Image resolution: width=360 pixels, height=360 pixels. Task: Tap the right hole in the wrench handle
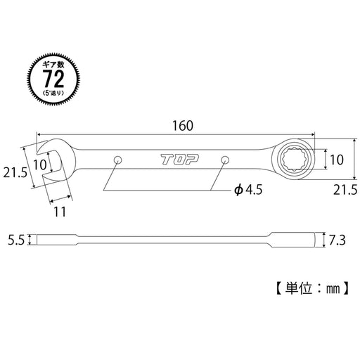[225, 160]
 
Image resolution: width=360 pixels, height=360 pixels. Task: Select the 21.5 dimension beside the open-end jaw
[16, 173]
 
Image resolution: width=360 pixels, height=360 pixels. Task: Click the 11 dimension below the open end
[60, 209]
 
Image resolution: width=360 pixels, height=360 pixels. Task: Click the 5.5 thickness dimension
[17, 239]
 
